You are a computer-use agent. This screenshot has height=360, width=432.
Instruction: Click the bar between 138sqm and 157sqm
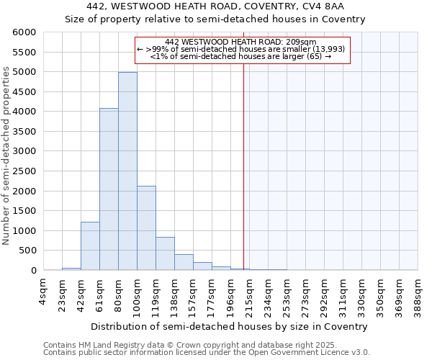(x=184, y=262)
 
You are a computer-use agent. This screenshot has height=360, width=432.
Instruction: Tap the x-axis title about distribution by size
(x=230, y=326)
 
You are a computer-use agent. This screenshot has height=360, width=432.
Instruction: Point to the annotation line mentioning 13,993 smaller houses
(x=241, y=49)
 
